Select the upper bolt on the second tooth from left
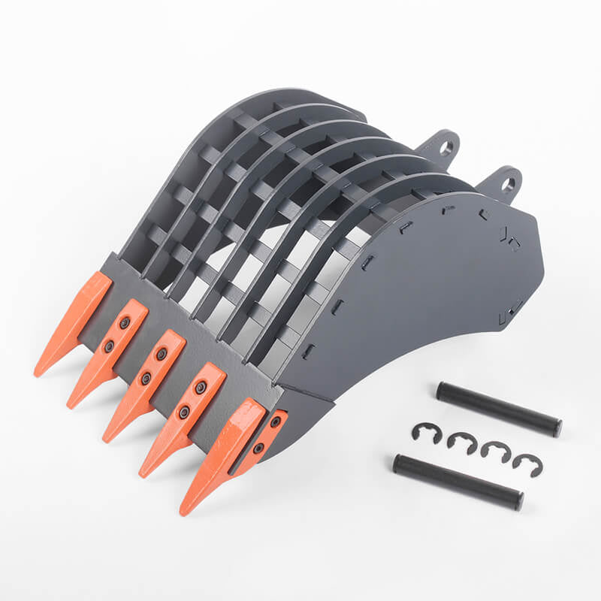pyautogui.click(x=125, y=322)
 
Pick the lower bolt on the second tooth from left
pyautogui.click(x=109, y=346)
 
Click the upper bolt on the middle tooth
pyautogui.click(x=162, y=354)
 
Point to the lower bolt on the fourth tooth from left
pyautogui.click(x=183, y=412)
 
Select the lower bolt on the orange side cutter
pyautogui.click(x=258, y=448)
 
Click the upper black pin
pyautogui.click(x=499, y=409)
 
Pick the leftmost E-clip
pyautogui.click(x=425, y=433)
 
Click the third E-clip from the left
pyautogui.click(x=496, y=452)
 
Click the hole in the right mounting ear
pyautogui.click(x=508, y=183)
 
